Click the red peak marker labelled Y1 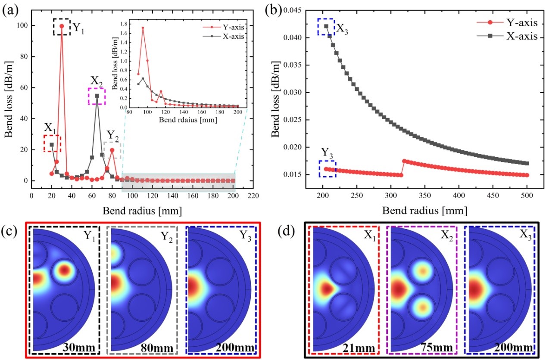(62, 26)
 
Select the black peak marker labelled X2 (97, 96)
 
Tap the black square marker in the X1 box (52, 145)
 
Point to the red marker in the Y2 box (112, 150)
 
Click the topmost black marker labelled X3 (326, 26)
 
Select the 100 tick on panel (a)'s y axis (20, 26)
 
